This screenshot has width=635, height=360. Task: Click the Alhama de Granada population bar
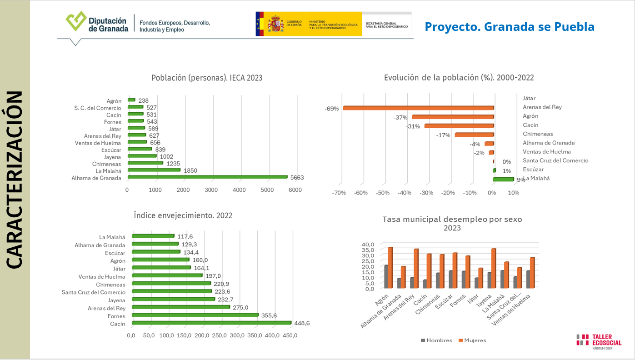pyautogui.click(x=207, y=177)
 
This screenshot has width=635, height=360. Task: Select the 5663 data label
pyautogui.click(x=297, y=178)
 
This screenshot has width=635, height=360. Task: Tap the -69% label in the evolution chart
pyautogui.click(x=331, y=109)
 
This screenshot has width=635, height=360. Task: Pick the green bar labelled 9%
pyautogui.click(x=503, y=179)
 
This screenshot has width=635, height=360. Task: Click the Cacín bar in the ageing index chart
pyautogui.click(x=211, y=323)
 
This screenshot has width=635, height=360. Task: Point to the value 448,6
pyautogui.click(x=301, y=324)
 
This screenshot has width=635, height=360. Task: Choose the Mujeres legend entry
pyautogui.click(x=472, y=340)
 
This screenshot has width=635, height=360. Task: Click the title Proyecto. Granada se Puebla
pyautogui.click(x=509, y=27)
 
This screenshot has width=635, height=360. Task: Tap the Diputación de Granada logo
pyautogui.click(x=97, y=23)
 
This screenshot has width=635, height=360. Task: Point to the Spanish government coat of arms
pyautogui.click(x=275, y=23)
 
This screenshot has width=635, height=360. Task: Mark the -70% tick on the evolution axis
pyautogui.click(x=339, y=193)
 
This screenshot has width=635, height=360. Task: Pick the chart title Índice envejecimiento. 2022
pyautogui.click(x=183, y=215)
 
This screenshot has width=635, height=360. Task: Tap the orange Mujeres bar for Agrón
pyautogui.click(x=390, y=268)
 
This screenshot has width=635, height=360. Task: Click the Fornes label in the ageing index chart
pyautogui.click(x=116, y=316)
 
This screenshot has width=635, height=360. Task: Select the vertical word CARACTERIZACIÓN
pyautogui.click(x=15, y=180)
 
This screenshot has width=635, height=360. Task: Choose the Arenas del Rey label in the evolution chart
pyautogui.click(x=542, y=107)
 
